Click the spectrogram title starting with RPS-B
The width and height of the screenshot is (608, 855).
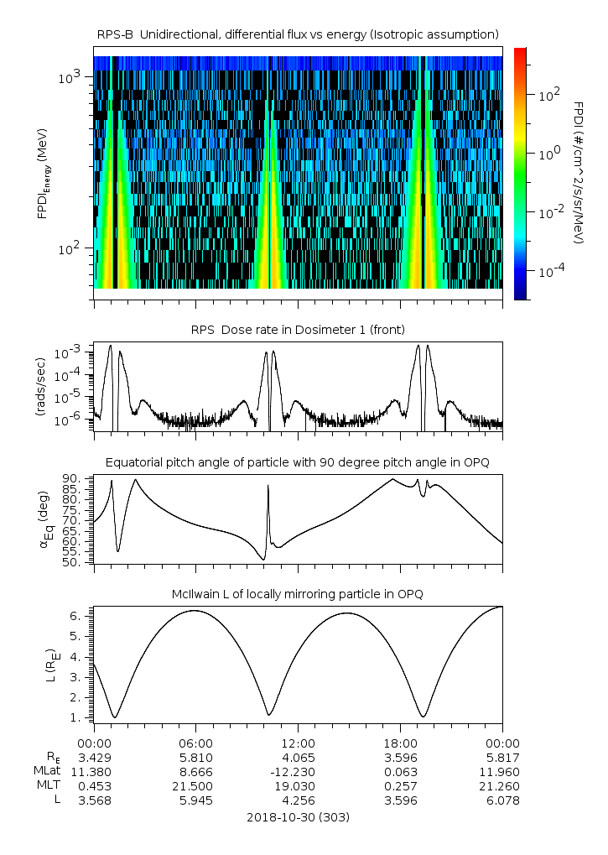coord(298,34)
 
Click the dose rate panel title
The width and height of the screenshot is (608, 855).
coord(298,328)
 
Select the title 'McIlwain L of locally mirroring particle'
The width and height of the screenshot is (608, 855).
coord(298,594)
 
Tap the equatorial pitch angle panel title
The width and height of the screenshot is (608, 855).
coord(298,462)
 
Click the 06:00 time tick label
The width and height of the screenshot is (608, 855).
coord(195,743)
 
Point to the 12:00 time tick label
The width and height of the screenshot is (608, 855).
coord(298,743)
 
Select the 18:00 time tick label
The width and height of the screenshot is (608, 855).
coord(400,743)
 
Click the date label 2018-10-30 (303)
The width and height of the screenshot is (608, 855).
coord(298,816)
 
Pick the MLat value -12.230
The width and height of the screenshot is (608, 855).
coord(298,771)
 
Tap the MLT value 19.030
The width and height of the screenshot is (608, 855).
coord(298,785)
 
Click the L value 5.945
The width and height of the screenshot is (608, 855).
coord(195,800)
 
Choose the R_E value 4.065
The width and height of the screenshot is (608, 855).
coord(298,757)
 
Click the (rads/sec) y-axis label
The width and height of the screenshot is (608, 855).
coord(40,385)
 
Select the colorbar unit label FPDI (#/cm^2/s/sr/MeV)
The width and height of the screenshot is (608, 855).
coord(578,173)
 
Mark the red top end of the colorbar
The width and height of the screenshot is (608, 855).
coord(520,51)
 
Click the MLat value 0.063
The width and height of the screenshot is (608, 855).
coord(400,771)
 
